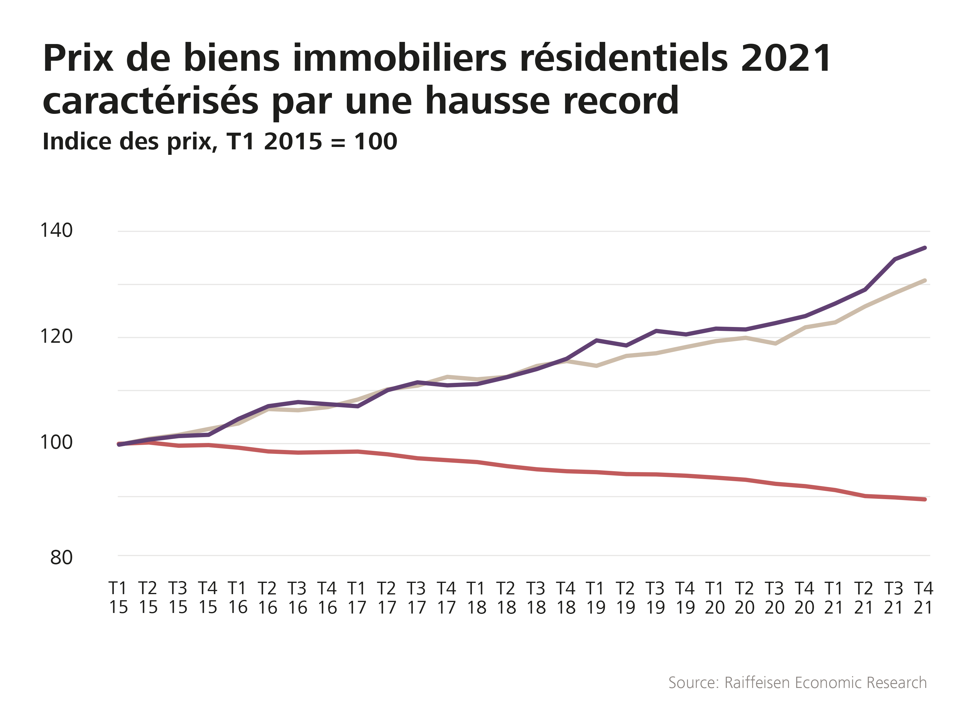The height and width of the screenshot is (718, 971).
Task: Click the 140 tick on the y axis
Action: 56,230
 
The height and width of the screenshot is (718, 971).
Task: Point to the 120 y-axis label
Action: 56,336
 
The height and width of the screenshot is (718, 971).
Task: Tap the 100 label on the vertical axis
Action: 56,442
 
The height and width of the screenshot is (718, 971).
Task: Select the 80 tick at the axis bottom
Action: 61,557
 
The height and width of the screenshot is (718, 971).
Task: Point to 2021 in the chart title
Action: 786,58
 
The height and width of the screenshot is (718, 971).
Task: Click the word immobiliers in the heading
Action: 400,58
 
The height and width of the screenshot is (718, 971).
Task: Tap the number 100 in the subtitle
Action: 375,142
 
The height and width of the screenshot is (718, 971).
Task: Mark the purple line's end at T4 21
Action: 925,248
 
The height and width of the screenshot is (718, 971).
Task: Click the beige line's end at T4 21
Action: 925,281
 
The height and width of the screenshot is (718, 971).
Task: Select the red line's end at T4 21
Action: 925,499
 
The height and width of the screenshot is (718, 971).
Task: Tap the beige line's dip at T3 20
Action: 775,344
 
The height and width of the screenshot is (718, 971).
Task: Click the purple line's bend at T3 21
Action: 895,260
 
